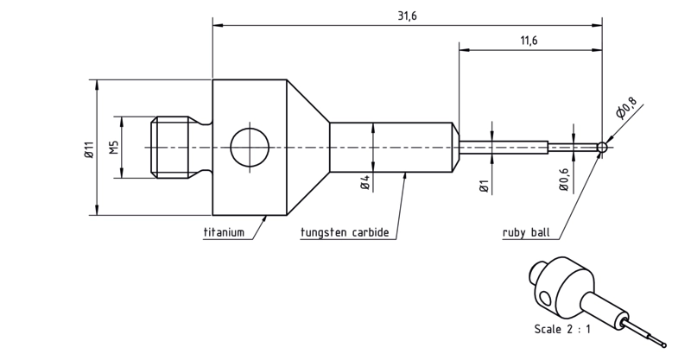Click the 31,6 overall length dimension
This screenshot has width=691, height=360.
407,16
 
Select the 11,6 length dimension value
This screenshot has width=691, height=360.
529,41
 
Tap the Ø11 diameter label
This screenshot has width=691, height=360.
89,149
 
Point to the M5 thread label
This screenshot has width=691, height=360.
114,148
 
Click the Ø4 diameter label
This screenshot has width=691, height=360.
365,182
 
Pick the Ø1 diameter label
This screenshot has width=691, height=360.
484,186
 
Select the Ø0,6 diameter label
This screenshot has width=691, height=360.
564,180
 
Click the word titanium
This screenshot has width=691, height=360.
224,232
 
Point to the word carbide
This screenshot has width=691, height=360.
371,232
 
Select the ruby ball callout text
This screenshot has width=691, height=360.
526,232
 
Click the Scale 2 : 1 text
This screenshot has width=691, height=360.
562,329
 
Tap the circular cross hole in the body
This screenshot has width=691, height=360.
250,147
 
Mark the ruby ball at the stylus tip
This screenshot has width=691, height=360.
602,147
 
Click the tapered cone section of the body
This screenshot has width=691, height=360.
308,147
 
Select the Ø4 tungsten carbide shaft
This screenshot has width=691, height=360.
391,147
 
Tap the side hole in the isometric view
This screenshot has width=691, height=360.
546,300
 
